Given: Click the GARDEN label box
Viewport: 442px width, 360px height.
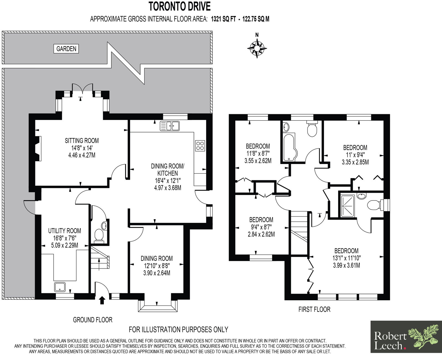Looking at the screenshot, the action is coord(66,49).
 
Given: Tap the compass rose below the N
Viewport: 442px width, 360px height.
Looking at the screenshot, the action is coord(257,48).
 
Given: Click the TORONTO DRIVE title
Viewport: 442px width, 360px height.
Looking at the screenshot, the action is coord(180,6).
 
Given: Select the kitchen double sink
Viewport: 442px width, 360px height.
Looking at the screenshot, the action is coord(170,126).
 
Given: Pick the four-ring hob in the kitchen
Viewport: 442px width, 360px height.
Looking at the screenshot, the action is coord(200,146).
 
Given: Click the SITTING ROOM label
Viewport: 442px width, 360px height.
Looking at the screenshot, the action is coord(82,141).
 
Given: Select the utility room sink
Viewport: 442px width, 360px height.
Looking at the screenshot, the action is coord(60,287).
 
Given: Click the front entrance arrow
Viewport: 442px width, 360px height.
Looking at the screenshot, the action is coord(102,300).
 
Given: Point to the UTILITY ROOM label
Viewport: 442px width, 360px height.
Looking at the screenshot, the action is coord(65,231).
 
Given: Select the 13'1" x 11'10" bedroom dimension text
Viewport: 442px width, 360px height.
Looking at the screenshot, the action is coord(346,258).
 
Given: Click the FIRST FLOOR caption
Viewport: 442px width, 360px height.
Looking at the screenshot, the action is coord(314,309).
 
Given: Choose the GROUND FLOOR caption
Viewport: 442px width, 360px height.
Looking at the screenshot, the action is coord(93,320).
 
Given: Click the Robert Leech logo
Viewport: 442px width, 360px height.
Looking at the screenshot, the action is coord(406,337).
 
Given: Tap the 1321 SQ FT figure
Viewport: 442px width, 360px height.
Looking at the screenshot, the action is coord(223,19).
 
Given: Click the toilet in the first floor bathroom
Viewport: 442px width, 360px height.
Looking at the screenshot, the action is coord(312,129).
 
